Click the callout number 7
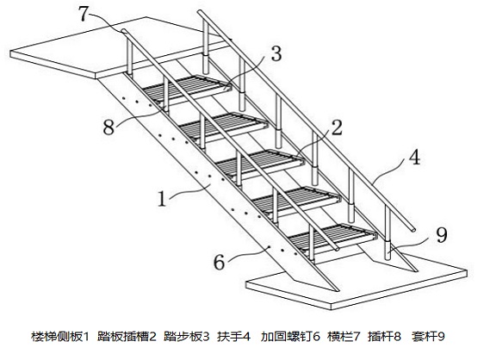84,14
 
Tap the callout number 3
276,53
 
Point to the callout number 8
109,127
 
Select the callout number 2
336,127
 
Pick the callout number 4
414,157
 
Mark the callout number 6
219,263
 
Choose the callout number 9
441,235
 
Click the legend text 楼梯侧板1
60,337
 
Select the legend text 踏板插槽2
127,337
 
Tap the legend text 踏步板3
187,337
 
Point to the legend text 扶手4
233,337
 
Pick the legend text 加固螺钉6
290,337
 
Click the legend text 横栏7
344,337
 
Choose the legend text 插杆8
385,337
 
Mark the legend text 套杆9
428,337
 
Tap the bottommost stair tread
332,236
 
